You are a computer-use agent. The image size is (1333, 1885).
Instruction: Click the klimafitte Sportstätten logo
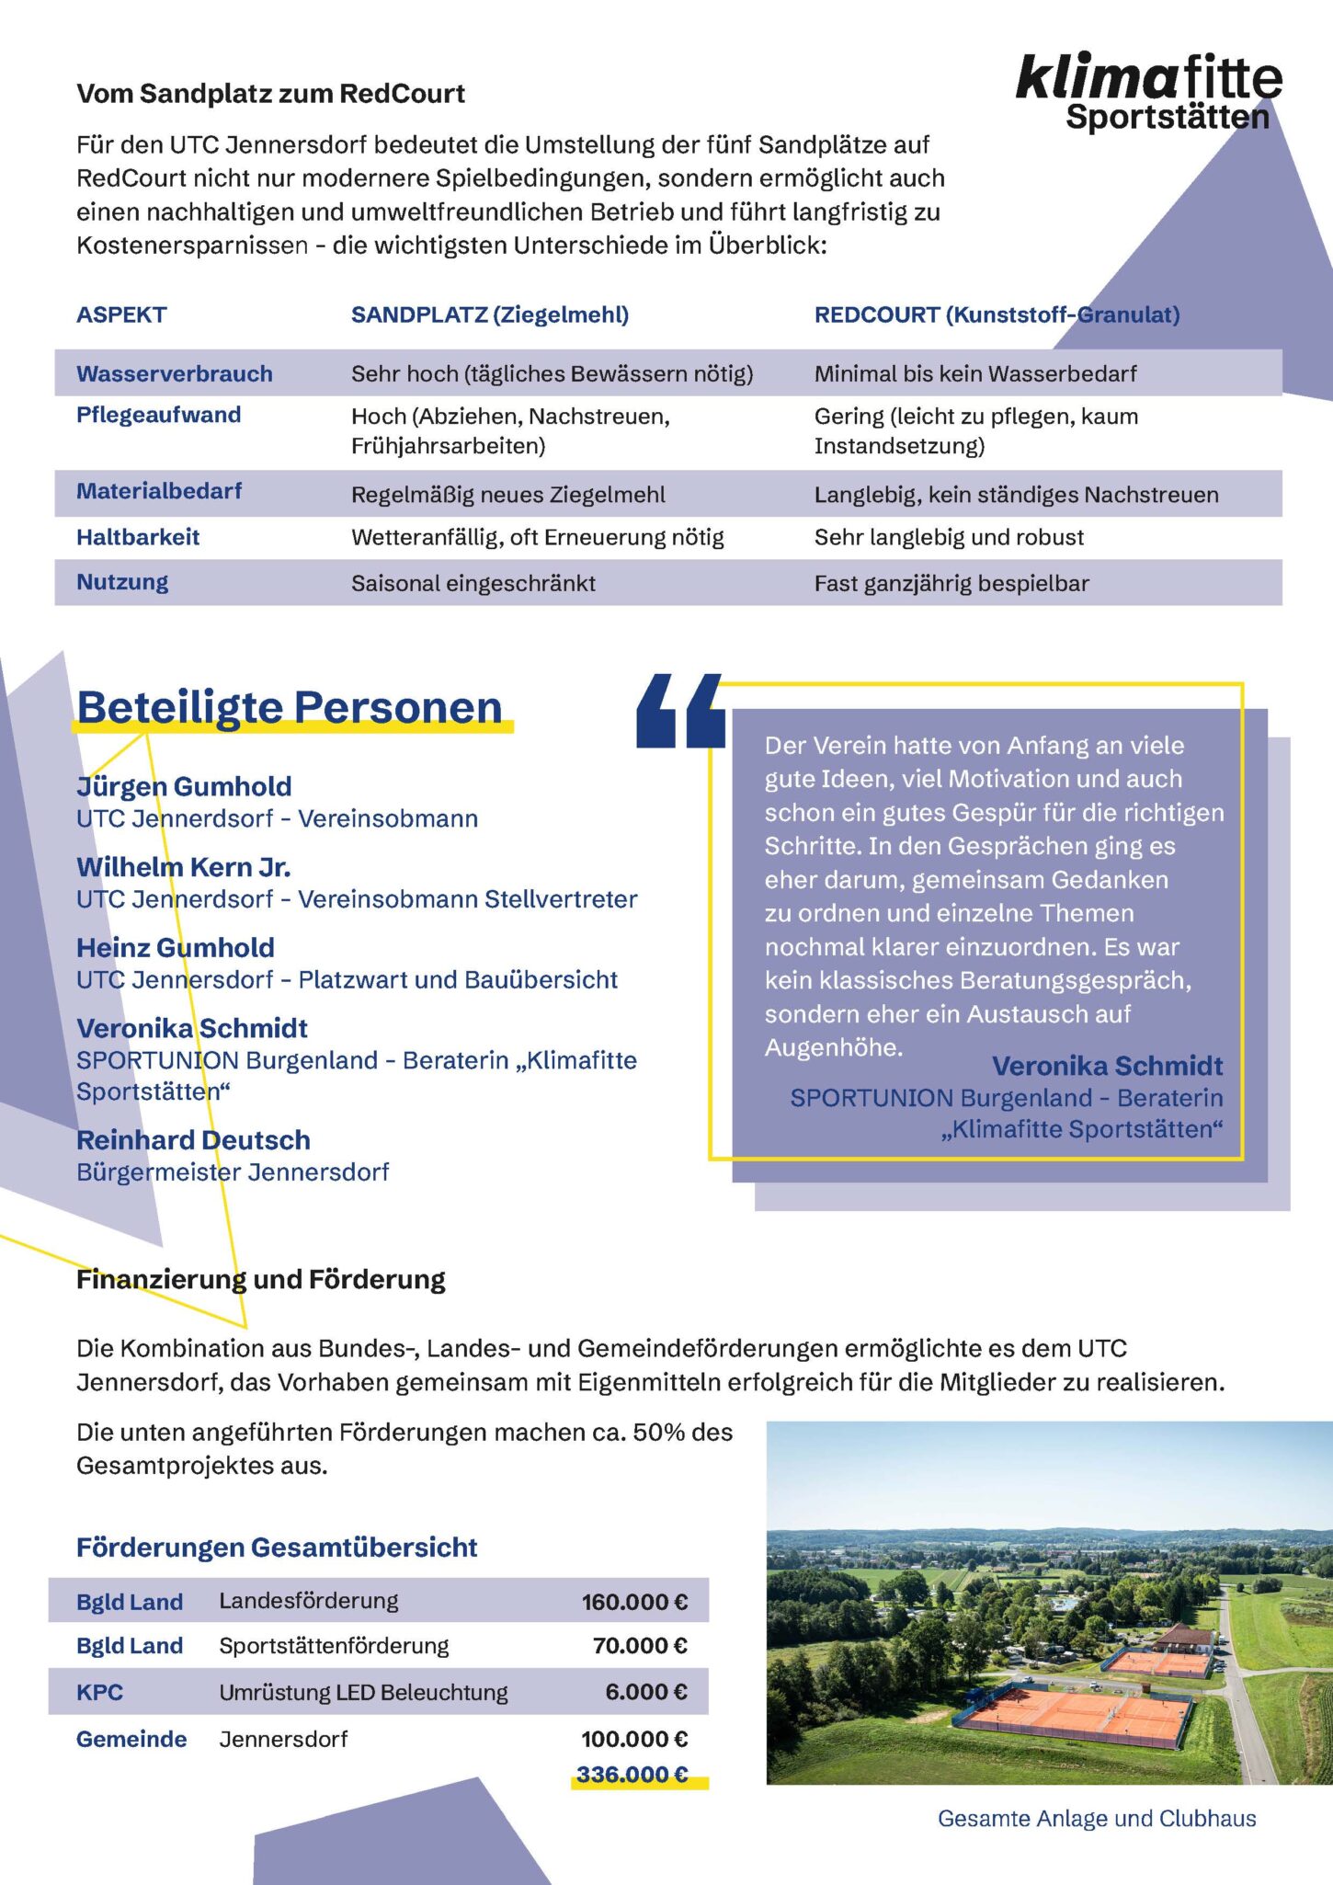tap(1148, 91)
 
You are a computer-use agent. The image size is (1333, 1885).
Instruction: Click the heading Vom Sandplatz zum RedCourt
tap(270, 94)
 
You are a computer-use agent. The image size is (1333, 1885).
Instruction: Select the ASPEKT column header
tap(121, 315)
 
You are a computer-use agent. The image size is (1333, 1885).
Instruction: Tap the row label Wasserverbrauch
tap(174, 374)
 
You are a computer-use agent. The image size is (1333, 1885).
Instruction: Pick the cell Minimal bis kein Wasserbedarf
tap(974, 374)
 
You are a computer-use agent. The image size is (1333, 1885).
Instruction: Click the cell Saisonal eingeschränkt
tap(473, 584)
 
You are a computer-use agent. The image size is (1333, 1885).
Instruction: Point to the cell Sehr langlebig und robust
tap(949, 538)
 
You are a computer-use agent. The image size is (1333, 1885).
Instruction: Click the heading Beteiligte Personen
tap(290, 708)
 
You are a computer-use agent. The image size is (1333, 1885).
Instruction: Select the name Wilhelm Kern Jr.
tap(183, 867)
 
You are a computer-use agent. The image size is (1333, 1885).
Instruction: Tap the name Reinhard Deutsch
tap(193, 1140)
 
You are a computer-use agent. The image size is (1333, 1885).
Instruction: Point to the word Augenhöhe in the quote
tap(833, 1047)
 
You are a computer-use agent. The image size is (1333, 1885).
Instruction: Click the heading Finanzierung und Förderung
tap(260, 1279)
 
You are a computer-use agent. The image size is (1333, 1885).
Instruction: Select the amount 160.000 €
tap(634, 1602)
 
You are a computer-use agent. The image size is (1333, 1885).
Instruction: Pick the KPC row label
tap(99, 1692)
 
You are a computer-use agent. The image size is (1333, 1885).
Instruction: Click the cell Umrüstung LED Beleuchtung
tap(363, 1692)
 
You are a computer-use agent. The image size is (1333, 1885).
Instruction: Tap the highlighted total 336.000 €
tap(632, 1774)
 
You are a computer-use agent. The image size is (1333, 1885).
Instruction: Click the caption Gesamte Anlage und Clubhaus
tap(1096, 1818)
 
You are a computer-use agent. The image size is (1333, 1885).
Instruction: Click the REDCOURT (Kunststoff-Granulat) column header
tap(997, 315)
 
